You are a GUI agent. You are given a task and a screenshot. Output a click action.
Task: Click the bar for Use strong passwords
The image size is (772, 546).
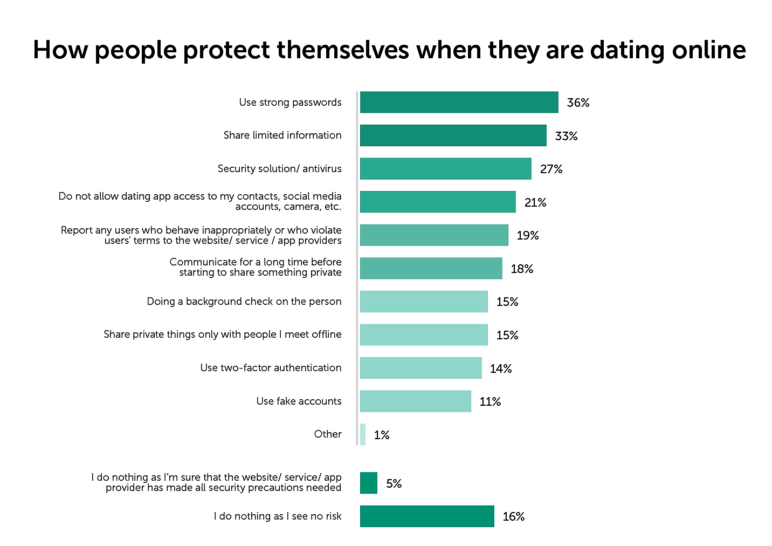[x=459, y=103]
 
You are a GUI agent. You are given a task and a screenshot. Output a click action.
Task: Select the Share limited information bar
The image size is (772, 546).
[x=453, y=135]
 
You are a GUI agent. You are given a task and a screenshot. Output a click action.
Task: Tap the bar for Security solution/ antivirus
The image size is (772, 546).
[x=445, y=169]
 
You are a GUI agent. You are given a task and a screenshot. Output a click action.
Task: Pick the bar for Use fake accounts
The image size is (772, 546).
[x=415, y=401]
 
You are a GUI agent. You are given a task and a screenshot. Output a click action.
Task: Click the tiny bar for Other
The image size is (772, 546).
[x=363, y=434]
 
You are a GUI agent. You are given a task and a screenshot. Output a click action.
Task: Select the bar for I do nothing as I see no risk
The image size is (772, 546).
[x=427, y=516]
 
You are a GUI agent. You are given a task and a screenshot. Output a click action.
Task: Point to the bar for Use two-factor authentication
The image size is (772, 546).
[x=421, y=368]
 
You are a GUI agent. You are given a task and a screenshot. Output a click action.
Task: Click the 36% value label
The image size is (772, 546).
[x=578, y=103]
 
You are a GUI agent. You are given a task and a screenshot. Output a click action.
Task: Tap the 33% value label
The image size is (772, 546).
[x=566, y=136]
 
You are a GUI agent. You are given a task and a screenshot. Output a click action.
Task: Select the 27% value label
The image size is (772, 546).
[x=551, y=169]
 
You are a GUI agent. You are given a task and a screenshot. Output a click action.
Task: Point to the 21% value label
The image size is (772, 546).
[x=535, y=203]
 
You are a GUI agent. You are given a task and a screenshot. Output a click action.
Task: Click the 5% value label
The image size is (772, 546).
[x=394, y=483]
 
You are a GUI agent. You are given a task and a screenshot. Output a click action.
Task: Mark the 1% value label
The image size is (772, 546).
[x=382, y=435]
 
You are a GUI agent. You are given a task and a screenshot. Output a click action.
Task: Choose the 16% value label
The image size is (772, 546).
[x=514, y=517]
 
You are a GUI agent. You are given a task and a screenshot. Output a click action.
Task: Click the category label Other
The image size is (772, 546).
[x=328, y=434]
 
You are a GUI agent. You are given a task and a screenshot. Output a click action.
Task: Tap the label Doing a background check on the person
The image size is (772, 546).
[x=244, y=302]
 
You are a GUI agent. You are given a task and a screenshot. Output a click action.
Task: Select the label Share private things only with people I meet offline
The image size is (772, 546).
[x=223, y=335]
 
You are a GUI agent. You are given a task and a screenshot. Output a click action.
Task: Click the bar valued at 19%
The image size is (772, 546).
[x=434, y=235]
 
